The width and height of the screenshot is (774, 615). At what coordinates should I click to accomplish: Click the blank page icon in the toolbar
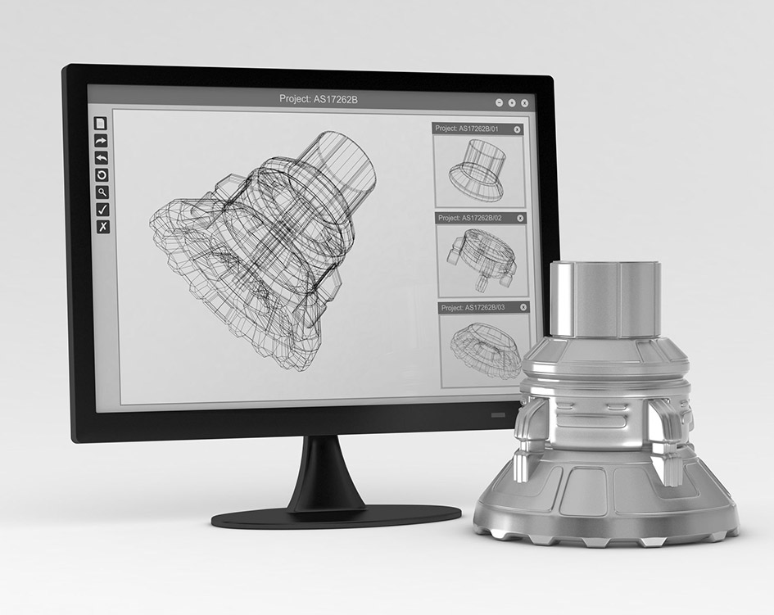101,124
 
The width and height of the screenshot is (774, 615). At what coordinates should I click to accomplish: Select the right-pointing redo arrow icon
102,141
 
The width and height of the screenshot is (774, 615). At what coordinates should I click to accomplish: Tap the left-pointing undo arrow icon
102,158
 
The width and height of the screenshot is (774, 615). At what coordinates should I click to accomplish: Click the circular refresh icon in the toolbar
102,175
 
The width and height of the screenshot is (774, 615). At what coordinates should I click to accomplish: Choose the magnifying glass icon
102,192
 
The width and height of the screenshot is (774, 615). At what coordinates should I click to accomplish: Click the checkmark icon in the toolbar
102,210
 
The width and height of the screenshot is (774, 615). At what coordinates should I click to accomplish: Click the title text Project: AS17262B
319,100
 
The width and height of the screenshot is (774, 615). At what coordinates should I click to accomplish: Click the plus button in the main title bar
512,103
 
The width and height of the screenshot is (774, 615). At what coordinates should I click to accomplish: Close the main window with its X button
524,103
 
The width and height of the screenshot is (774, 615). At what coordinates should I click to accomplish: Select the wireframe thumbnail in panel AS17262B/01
478,170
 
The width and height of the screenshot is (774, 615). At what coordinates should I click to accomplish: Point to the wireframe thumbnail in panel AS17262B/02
480,258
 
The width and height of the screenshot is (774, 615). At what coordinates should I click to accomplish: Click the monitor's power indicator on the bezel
499,415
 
